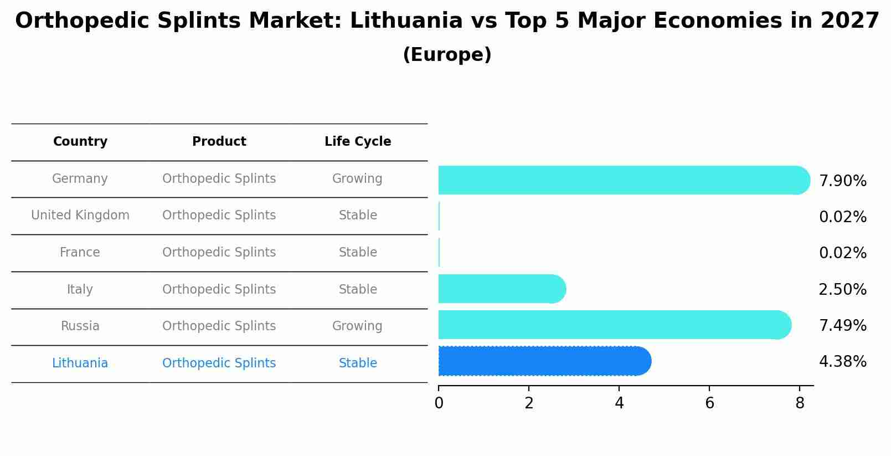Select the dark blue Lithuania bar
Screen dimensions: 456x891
pos(544,361)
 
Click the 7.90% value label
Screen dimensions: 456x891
pos(842,181)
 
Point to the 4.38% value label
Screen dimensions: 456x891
pos(842,362)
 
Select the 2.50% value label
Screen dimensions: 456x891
pos(842,290)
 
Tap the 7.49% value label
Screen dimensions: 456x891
pos(842,326)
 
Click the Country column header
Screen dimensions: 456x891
pos(80,142)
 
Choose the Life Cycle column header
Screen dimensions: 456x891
pos(358,142)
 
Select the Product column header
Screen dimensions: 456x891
pos(219,142)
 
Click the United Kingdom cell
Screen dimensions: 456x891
pos(80,216)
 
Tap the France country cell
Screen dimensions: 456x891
pos(80,253)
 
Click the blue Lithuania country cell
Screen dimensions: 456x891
pos(80,363)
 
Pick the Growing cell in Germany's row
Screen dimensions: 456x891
pos(357,179)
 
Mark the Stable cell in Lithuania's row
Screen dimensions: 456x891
pos(358,363)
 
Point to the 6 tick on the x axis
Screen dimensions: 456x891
pos(709,403)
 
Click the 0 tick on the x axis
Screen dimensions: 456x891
pos(439,403)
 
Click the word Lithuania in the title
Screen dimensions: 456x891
pos(406,21)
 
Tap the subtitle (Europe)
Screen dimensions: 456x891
pos(447,55)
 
